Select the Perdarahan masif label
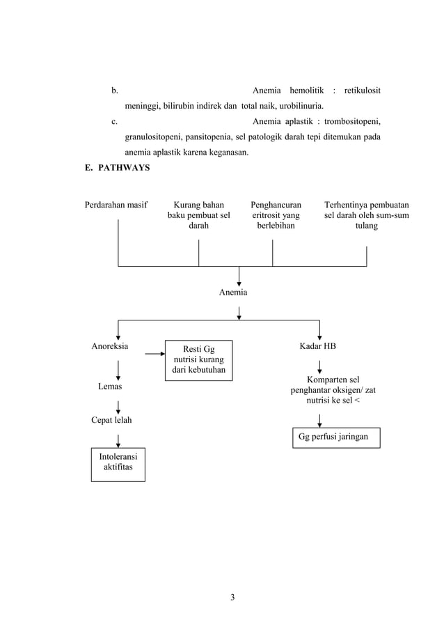[x=116, y=205]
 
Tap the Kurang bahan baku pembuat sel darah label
[x=198, y=216]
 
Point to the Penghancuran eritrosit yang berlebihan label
[x=276, y=216]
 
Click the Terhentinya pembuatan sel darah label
[x=367, y=216]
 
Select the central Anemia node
[x=233, y=293]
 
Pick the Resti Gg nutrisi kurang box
[x=198, y=360]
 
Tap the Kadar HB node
[x=317, y=345]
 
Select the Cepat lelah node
[x=111, y=420]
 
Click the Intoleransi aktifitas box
[x=118, y=465]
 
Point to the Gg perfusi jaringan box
[x=336, y=437]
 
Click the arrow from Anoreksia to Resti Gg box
[x=154, y=354]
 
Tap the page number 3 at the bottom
[x=233, y=597]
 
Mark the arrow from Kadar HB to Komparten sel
[x=319, y=366]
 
